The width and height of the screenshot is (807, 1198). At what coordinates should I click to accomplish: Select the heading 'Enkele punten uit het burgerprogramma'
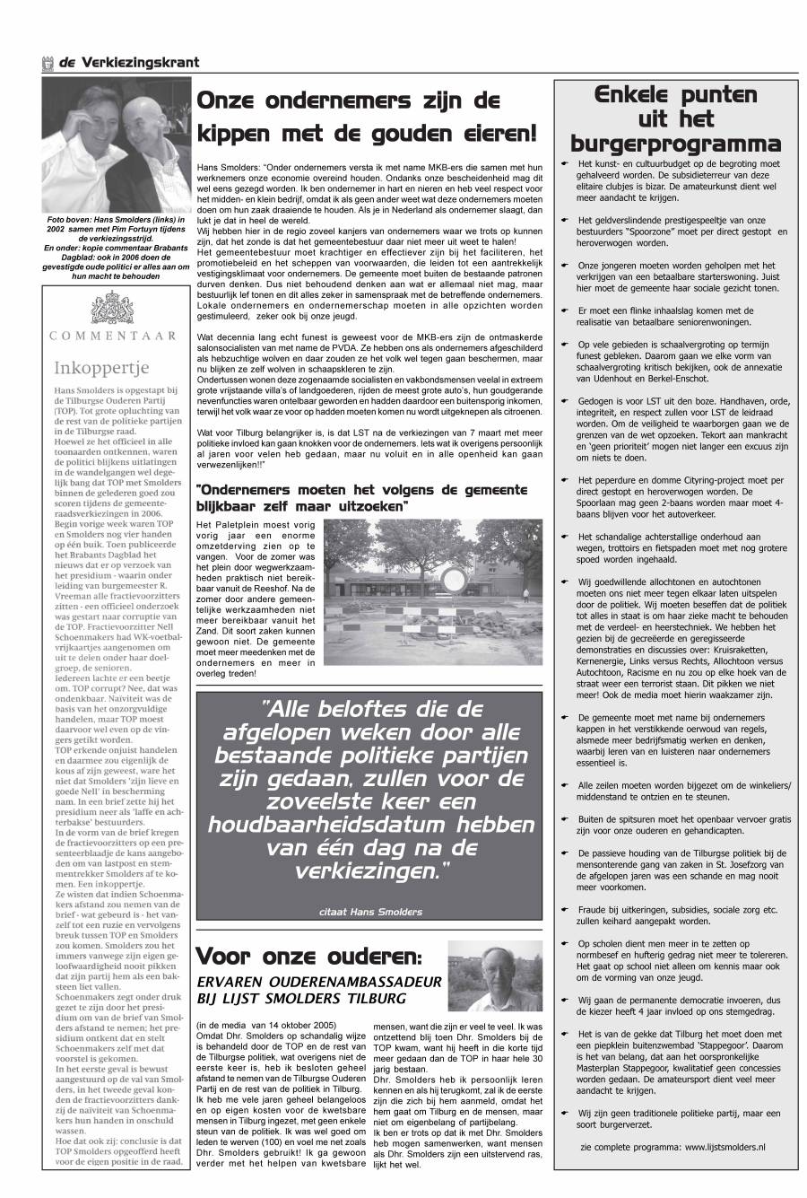pos(675,119)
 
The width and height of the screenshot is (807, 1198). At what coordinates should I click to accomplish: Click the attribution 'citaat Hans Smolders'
pos(369,912)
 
